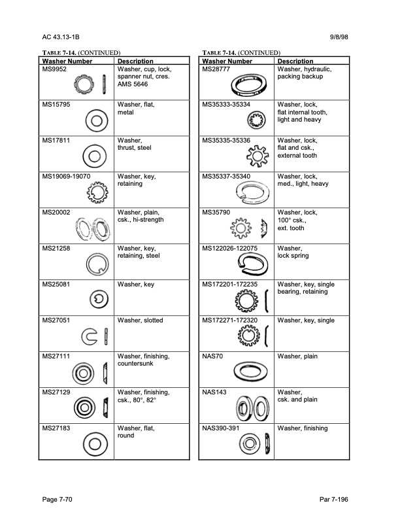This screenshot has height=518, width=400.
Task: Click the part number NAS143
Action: click(214, 392)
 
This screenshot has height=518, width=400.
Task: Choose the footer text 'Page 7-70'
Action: click(57, 500)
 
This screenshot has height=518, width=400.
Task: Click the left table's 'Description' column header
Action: click(135, 61)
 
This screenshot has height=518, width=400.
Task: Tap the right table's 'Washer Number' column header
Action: click(227, 61)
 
